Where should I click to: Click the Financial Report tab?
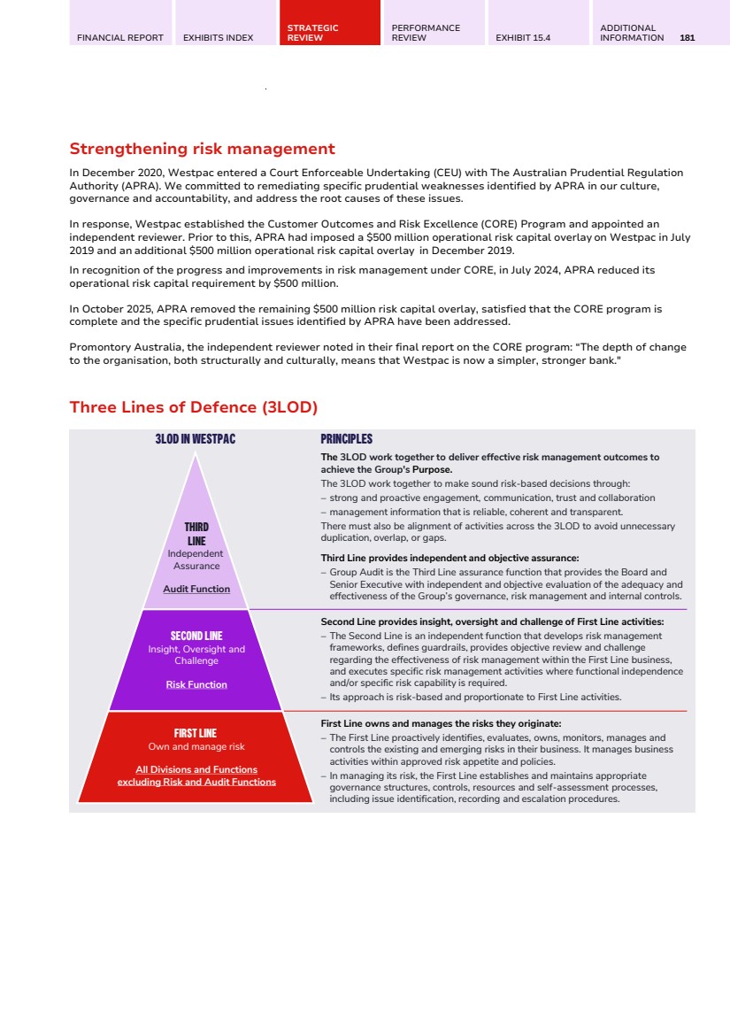(120, 38)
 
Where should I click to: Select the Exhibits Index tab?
(218, 38)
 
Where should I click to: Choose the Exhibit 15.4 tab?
(523, 38)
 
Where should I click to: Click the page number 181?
(688, 38)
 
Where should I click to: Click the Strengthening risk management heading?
(202, 149)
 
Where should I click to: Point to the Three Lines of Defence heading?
(193, 407)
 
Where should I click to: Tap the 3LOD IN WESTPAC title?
(196, 439)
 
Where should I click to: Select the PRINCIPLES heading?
(346, 439)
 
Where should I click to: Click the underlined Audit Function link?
(196, 589)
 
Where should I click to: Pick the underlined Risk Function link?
(196, 684)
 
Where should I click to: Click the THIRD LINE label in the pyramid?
(196, 534)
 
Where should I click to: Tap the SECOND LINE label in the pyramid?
(196, 636)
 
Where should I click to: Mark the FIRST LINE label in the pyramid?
(196, 733)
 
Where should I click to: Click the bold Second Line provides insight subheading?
(492, 621)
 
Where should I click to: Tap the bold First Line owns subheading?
(441, 723)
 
